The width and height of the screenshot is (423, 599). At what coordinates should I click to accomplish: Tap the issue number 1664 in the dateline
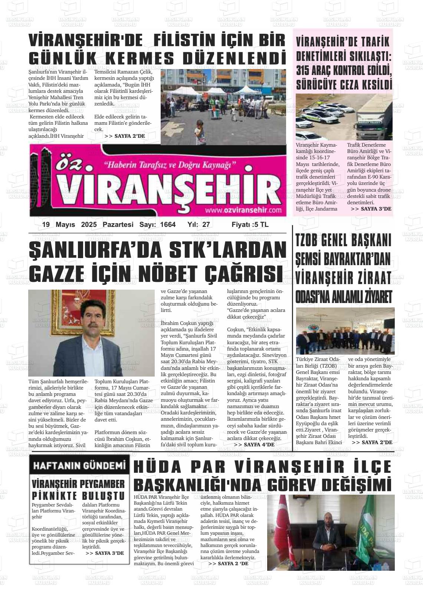pyautogui.click(x=168, y=225)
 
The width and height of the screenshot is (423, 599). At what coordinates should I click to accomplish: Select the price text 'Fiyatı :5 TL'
pyautogui.click(x=250, y=225)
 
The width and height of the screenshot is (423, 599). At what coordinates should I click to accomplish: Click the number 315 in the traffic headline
pyautogui.click(x=308, y=70)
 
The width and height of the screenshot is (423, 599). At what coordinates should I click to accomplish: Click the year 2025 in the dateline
pyautogui.click(x=89, y=225)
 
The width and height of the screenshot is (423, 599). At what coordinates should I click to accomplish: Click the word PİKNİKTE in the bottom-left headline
pyautogui.click(x=55, y=496)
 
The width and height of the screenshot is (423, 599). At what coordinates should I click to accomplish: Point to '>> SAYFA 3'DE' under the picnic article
pyautogui.click(x=105, y=553)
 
